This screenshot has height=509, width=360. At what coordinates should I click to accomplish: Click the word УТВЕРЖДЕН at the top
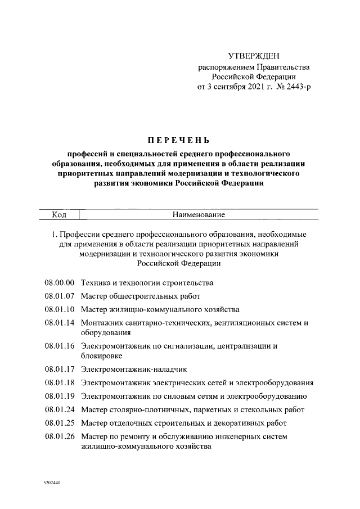point(253,56)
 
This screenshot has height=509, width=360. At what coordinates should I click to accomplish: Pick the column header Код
point(59,214)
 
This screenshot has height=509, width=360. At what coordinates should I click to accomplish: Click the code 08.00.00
point(60,282)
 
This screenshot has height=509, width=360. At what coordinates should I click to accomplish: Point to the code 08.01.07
point(60,296)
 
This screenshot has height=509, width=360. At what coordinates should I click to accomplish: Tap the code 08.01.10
point(60,309)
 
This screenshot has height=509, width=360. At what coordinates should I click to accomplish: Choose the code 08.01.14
point(60,323)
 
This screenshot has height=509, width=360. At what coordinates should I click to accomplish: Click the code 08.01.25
point(60,423)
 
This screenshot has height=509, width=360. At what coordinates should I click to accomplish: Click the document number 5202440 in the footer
point(51,483)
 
